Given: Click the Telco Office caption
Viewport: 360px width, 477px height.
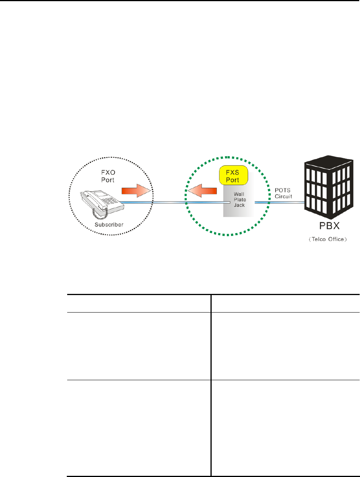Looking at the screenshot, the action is (x=330, y=239).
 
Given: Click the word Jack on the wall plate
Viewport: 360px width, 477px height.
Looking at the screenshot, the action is (x=239, y=205).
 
